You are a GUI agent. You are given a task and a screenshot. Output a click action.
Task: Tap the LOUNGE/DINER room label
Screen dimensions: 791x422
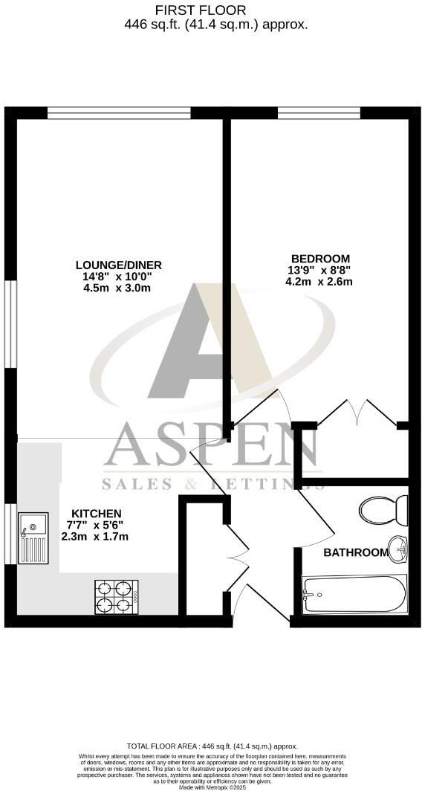(119, 265)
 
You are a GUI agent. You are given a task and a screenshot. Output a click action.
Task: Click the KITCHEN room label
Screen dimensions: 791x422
(96, 513)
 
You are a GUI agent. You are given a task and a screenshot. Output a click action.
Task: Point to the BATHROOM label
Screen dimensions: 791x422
(356, 552)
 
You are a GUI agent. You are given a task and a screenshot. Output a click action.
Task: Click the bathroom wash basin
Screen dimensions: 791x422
(399, 550)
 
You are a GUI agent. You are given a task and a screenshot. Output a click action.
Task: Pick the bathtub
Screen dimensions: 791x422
(354, 594)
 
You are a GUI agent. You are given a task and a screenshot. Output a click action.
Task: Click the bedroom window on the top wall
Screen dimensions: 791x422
(319, 113)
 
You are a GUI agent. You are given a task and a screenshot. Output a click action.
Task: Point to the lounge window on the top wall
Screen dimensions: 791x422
(119, 113)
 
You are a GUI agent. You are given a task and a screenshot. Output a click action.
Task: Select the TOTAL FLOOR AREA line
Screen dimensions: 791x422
(212, 746)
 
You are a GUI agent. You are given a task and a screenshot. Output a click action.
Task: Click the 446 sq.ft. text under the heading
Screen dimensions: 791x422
(149, 24)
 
